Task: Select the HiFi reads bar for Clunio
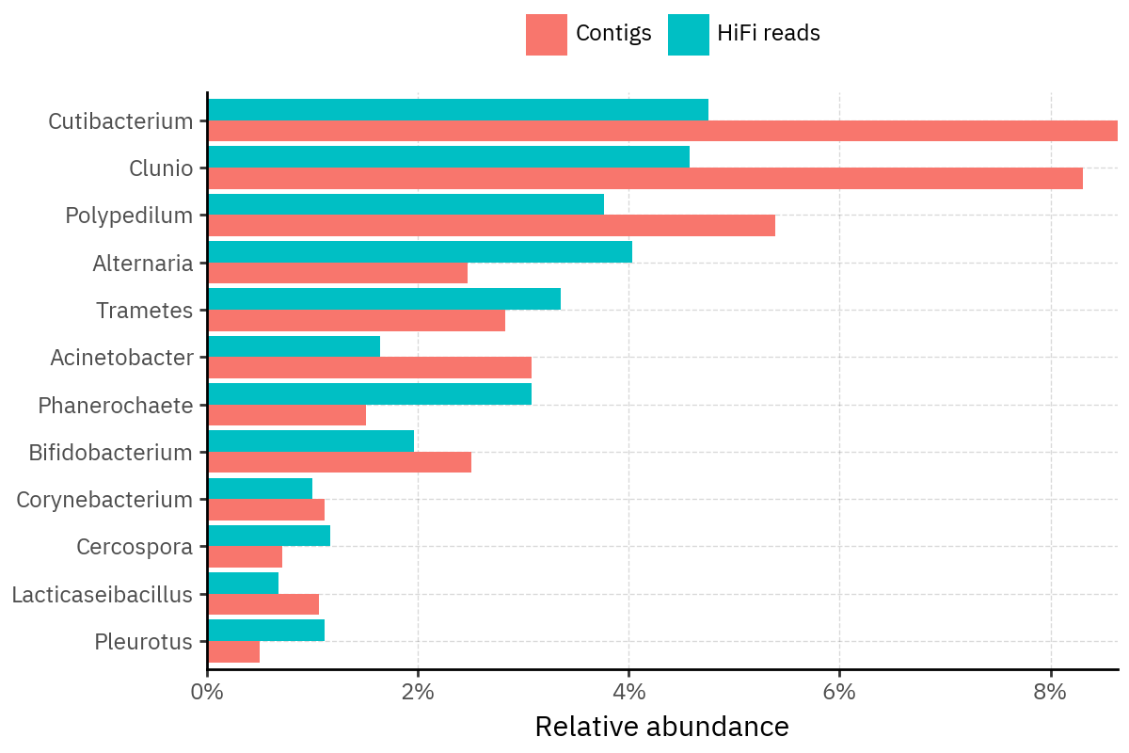pyautogui.click(x=448, y=156)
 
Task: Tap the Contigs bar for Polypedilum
pyautogui.click(x=491, y=225)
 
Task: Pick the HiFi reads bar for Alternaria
pyautogui.click(x=420, y=251)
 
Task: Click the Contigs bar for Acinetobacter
pyautogui.click(x=369, y=367)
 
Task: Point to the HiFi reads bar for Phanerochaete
pyautogui.click(x=369, y=393)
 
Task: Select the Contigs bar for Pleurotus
pyautogui.click(x=233, y=651)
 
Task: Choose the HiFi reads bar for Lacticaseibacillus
pyautogui.click(x=243, y=583)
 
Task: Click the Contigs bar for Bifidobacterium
pyautogui.click(x=339, y=462)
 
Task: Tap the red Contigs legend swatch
pyautogui.click(x=547, y=34)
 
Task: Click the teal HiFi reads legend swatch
pyautogui.click(x=689, y=34)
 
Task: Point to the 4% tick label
pyautogui.click(x=628, y=693)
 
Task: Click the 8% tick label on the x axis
pyautogui.click(x=1050, y=693)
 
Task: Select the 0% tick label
pyautogui.click(x=207, y=693)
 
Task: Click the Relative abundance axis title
pyautogui.click(x=661, y=727)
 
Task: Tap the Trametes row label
pyautogui.click(x=145, y=310)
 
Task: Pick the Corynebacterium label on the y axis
pyautogui.click(x=104, y=499)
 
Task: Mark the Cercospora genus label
pyautogui.click(x=135, y=546)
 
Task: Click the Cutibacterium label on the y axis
pyautogui.click(x=120, y=120)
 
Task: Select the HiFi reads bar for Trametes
pyautogui.click(x=384, y=298)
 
